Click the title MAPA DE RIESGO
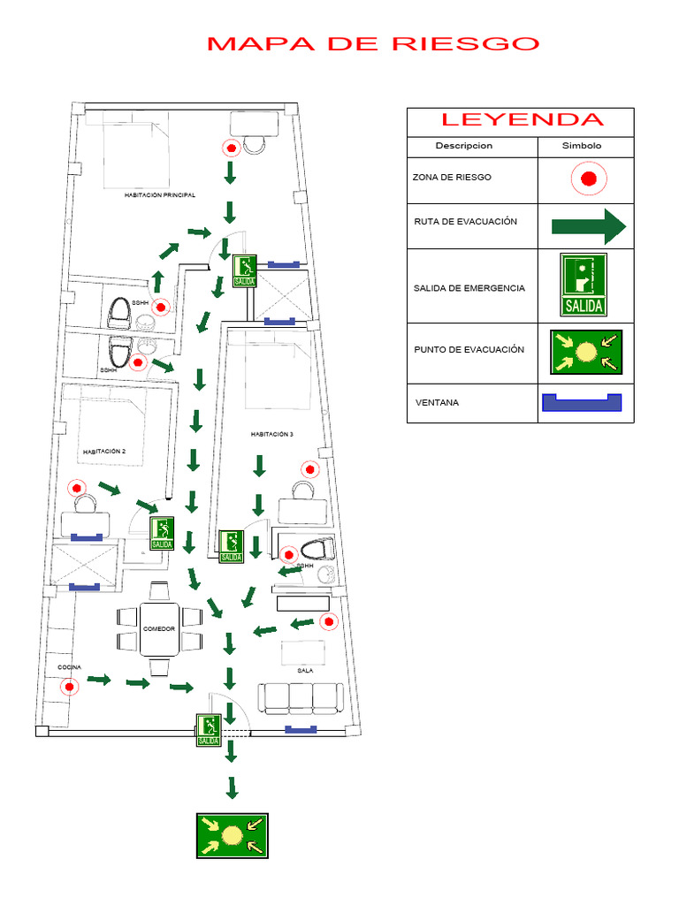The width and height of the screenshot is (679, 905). [372, 43]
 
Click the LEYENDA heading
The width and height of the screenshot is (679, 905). [522, 120]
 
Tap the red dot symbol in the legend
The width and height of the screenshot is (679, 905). [589, 179]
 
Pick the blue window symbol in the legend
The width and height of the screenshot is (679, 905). [582, 402]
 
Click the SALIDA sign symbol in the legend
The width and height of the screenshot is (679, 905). [584, 285]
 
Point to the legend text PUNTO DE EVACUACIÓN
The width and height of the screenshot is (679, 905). [469, 350]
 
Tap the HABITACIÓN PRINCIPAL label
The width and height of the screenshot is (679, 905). [160, 195]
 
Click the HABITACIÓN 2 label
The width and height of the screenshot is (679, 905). [104, 452]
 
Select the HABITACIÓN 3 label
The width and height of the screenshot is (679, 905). [271, 435]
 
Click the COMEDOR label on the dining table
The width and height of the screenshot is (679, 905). [159, 628]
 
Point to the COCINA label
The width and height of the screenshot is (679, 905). [70, 666]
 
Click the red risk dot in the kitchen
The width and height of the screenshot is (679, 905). [69, 686]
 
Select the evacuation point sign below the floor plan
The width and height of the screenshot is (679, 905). [232, 835]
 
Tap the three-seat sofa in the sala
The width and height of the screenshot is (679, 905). [301, 698]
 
